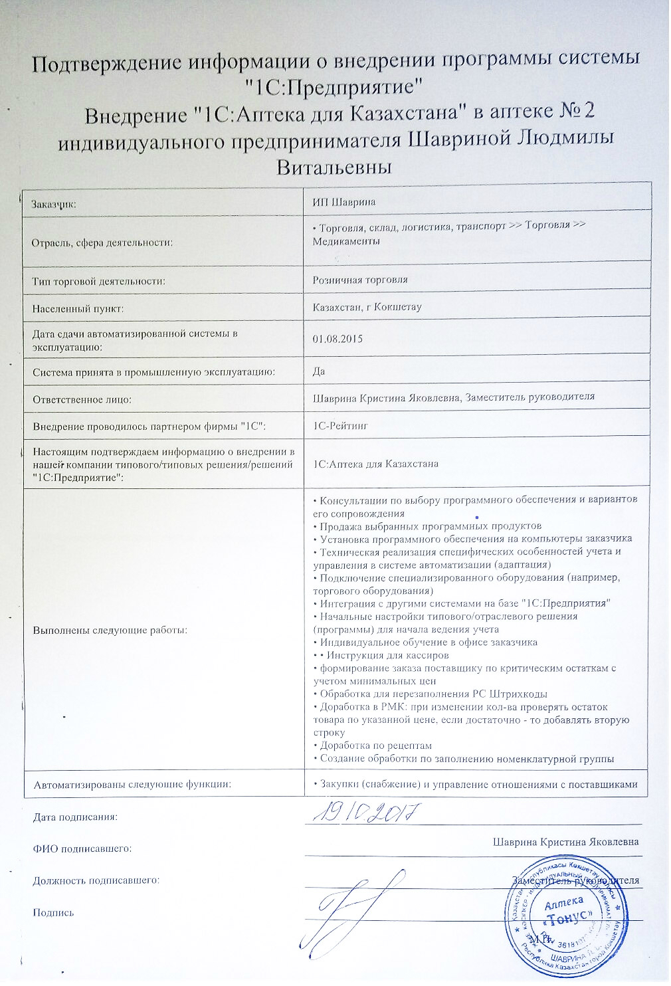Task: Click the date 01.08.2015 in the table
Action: click(337, 340)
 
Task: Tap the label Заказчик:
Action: click(54, 203)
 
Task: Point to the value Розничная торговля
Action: click(360, 280)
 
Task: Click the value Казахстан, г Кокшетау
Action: click(367, 308)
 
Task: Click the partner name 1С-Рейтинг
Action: click(339, 425)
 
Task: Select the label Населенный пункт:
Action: click(78, 308)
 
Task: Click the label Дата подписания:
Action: click(75, 817)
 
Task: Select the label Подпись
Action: click(52, 912)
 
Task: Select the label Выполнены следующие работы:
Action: click(110, 629)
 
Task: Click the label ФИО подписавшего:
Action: click(82, 848)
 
